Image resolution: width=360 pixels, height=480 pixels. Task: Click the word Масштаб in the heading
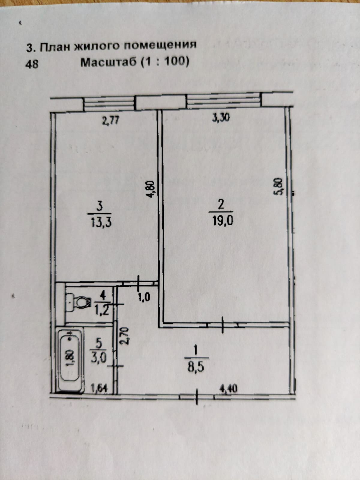pos(109,62)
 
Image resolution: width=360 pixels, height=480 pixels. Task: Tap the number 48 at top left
pos(32,64)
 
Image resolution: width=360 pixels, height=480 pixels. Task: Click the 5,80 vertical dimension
pos(278,187)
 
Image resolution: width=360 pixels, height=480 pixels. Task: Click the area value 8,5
pos(196,367)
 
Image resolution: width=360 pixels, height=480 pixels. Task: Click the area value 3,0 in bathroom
pos(98,358)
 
